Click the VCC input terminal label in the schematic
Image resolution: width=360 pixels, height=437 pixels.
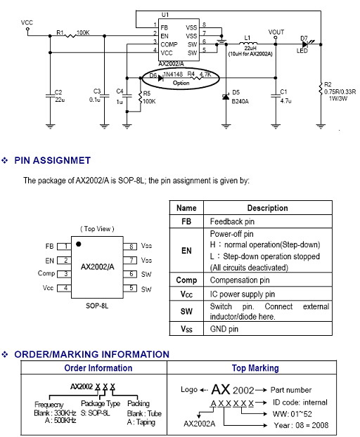click(x=27, y=22)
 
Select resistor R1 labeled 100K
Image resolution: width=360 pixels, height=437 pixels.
click(x=70, y=36)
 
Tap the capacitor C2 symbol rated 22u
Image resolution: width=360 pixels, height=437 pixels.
click(x=50, y=96)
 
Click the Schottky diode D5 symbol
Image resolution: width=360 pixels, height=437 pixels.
click(x=226, y=96)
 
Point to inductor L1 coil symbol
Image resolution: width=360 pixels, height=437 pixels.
click(x=248, y=43)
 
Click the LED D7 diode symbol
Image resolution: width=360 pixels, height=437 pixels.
click(x=306, y=44)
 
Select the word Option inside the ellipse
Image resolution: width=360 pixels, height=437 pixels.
click(x=181, y=83)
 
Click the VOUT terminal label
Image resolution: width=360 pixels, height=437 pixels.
click(x=276, y=32)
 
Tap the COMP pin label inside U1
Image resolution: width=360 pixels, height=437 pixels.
click(x=169, y=44)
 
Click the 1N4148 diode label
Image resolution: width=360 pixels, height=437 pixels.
click(x=173, y=74)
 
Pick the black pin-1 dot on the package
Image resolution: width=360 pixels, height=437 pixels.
click(x=78, y=244)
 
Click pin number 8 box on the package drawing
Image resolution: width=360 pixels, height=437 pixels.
click(x=130, y=247)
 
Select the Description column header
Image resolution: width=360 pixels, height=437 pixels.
click(x=267, y=208)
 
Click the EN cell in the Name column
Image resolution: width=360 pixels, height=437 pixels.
click(x=186, y=251)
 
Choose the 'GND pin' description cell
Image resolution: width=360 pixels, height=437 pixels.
click(x=224, y=329)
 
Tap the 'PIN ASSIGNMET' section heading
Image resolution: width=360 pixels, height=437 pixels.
click(x=53, y=160)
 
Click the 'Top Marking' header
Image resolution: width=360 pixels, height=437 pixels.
click(x=255, y=368)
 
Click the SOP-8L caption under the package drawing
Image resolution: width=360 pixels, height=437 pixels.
click(x=97, y=306)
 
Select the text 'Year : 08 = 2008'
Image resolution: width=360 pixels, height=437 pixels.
click(x=301, y=425)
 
